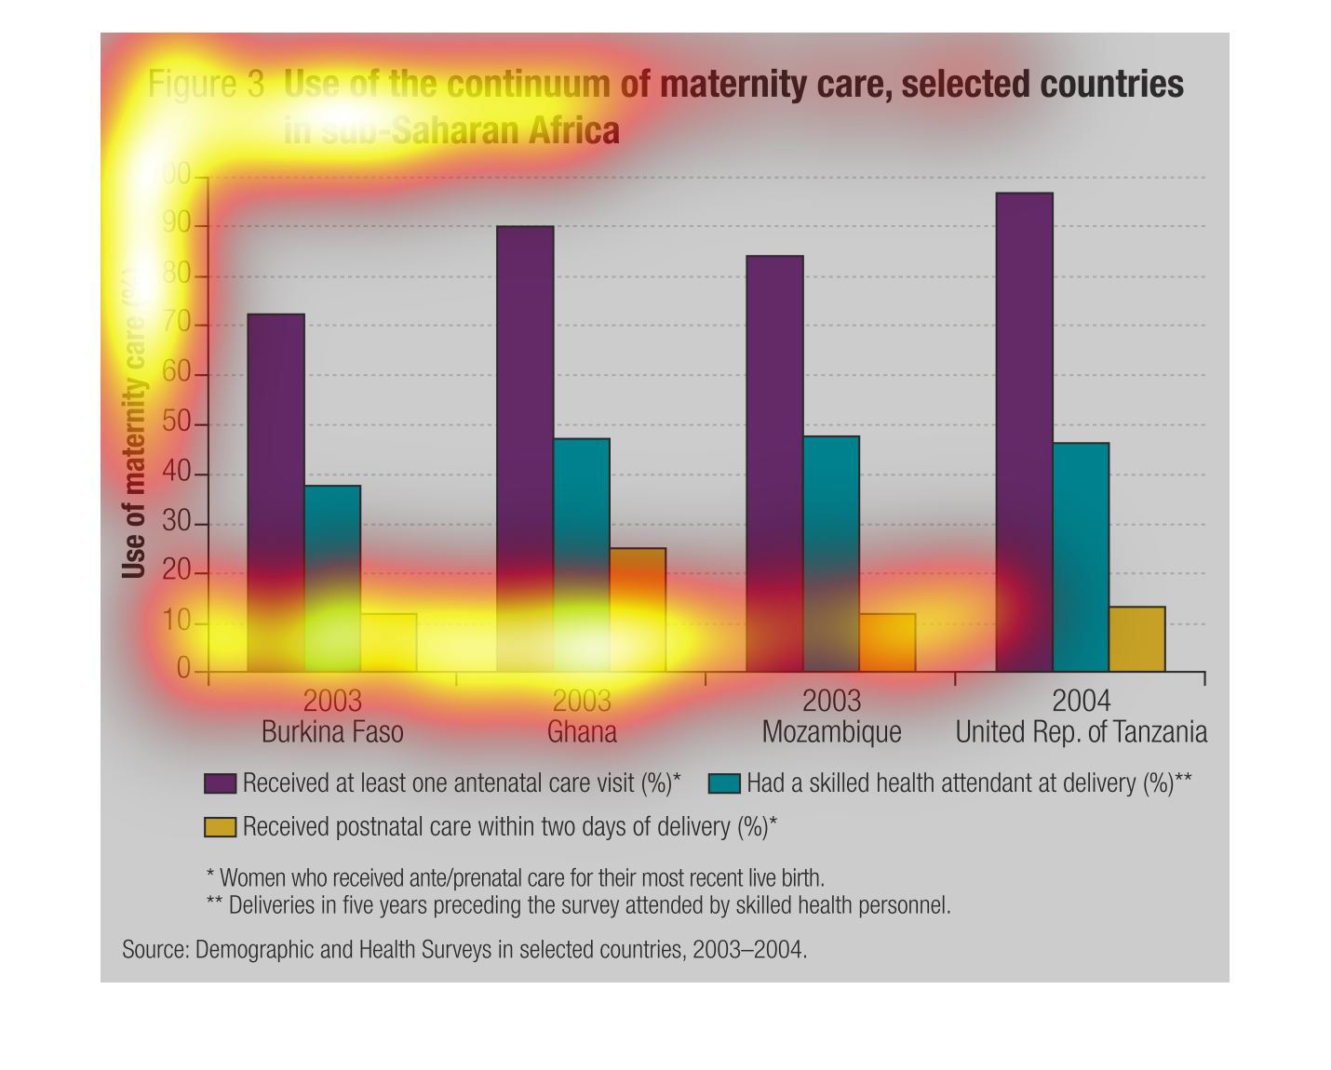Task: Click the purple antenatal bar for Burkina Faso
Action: pyautogui.click(x=276, y=492)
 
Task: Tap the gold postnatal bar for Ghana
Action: pyautogui.click(x=638, y=609)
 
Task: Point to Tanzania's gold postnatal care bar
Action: pyautogui.click(x=1136, y=639)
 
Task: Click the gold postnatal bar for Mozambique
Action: pyautogui.click(x=887, y=642)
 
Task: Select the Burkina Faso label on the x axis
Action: pyautogui.click(x=332, y=732)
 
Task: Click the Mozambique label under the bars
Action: pyautogui.click(x=831, y=732)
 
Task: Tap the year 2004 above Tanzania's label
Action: pyautogui.click(x=1081, y=701)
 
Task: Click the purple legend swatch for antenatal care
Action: pyautogui.click(x=220, y=783)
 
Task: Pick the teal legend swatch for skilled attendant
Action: pyautogui.click(x=724, y=783)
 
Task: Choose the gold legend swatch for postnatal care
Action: pyautogui.click(x=220, y=826)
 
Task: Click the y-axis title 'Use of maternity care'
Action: pyautogui.click(x=134, y=423)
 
